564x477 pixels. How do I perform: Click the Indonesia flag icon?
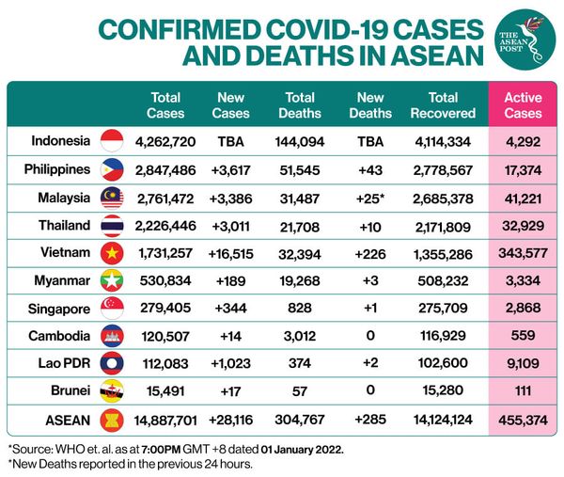pos(112,142)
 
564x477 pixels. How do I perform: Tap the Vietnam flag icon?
pos(112,252)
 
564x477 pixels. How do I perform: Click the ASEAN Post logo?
pos(524,39)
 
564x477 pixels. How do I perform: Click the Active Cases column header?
pos(524,104)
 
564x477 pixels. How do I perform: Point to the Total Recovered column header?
pos(443,104)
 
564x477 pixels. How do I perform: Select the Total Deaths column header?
pos(300,104)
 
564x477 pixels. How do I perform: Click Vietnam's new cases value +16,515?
pos(231,252)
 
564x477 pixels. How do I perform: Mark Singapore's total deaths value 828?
pos(300,308)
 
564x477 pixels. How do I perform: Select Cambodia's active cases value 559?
pos(524,335)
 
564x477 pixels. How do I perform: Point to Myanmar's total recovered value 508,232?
pos(443,279)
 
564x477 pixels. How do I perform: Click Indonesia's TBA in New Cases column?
pos(231,142)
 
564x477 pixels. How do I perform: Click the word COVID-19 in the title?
pos(307,28)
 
